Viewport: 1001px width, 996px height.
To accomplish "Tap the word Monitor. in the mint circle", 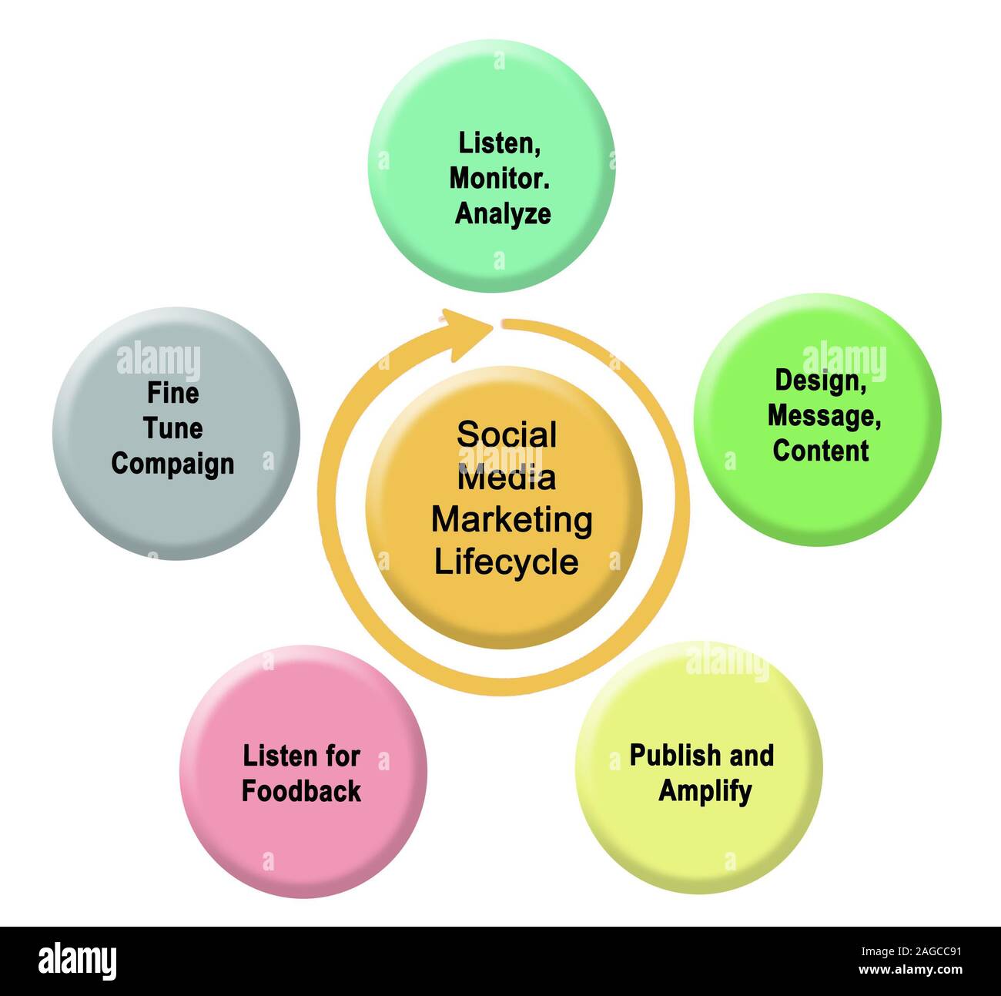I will pyautogui.click(x=499, y=179).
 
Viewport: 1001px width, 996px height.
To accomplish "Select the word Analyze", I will pyautogui.click(x=502, y=213).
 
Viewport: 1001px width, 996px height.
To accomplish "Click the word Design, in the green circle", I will pyautogui.click(x=820, y=381).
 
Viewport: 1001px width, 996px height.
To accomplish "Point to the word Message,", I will pyautogui.click(x=824, y=416).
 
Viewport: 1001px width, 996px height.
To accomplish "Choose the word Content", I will pyautogui.click(x=820, y=451).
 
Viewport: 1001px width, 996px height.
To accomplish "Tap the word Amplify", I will pyautogui.click(x=705, y=791).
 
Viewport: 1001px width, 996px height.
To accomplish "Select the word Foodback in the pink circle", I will pyautogui.click(x=301, y=791).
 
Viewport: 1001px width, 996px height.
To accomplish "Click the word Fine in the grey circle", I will pyautogui.click(x=172, y=394).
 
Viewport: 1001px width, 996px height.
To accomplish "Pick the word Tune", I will pyautogui.click(x=172, y=428).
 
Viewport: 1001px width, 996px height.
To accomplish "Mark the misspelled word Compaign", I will pyautogui.click(x=172, y=464).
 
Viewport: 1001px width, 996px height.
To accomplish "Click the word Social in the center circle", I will pyautogui.click(x=506, y=435).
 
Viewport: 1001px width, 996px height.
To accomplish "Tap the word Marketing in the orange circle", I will pyautogui.click(x=511, y=520).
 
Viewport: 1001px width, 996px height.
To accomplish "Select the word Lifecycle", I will pyautogui.click(x=506, y=562).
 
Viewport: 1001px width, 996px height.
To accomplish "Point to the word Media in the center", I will pyautogui.click(x=506, y=478).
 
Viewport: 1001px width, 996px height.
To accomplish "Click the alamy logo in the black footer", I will pyautogui.click(x=77, y=961).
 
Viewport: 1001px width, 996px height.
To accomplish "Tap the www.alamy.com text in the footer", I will pyautogui.click(x=909, y=970).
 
